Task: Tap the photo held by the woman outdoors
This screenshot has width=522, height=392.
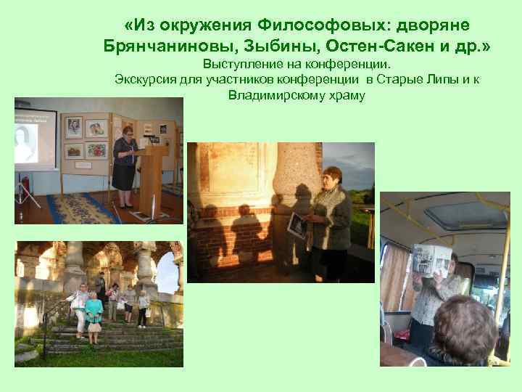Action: pyautogui.click(x=298, y=225)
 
